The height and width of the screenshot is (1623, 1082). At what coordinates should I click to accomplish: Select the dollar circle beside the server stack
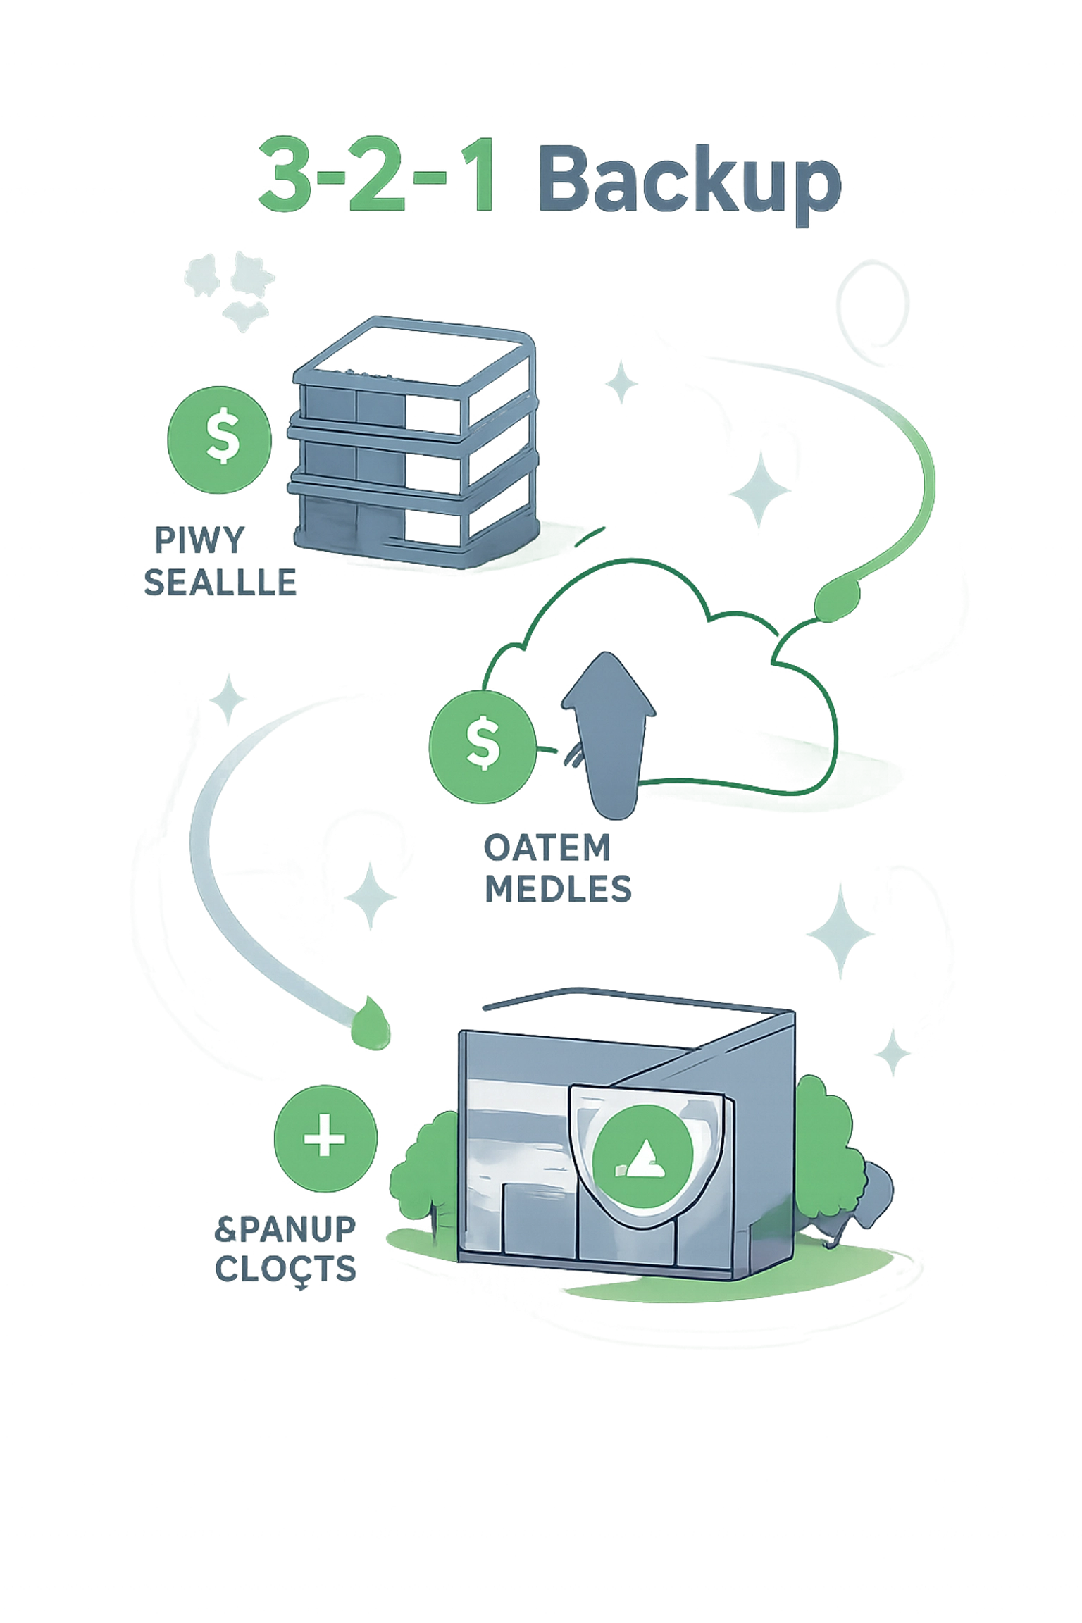point(220,435)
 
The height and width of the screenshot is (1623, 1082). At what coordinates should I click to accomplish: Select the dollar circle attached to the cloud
point(482,746)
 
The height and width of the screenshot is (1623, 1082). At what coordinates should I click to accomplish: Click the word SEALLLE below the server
point(220,583)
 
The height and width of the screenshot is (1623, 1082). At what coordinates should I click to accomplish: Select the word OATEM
point(547,848)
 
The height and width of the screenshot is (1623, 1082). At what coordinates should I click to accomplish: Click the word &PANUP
point(285,1229)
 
